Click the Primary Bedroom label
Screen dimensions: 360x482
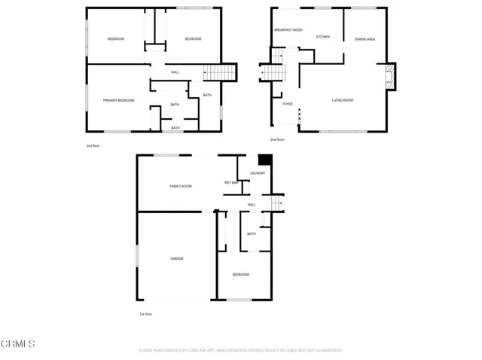118,99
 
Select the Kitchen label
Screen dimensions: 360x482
322,36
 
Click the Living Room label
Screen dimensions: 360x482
343,99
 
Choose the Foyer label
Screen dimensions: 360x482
288,104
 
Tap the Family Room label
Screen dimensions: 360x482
180,186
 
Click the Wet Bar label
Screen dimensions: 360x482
230,183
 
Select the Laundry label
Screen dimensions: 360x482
258,173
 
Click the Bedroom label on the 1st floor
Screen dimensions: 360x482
240,275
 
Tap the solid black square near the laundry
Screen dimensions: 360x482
264,160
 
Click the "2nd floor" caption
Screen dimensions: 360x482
276,139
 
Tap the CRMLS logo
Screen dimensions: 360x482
18,345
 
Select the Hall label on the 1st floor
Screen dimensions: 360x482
252,204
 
